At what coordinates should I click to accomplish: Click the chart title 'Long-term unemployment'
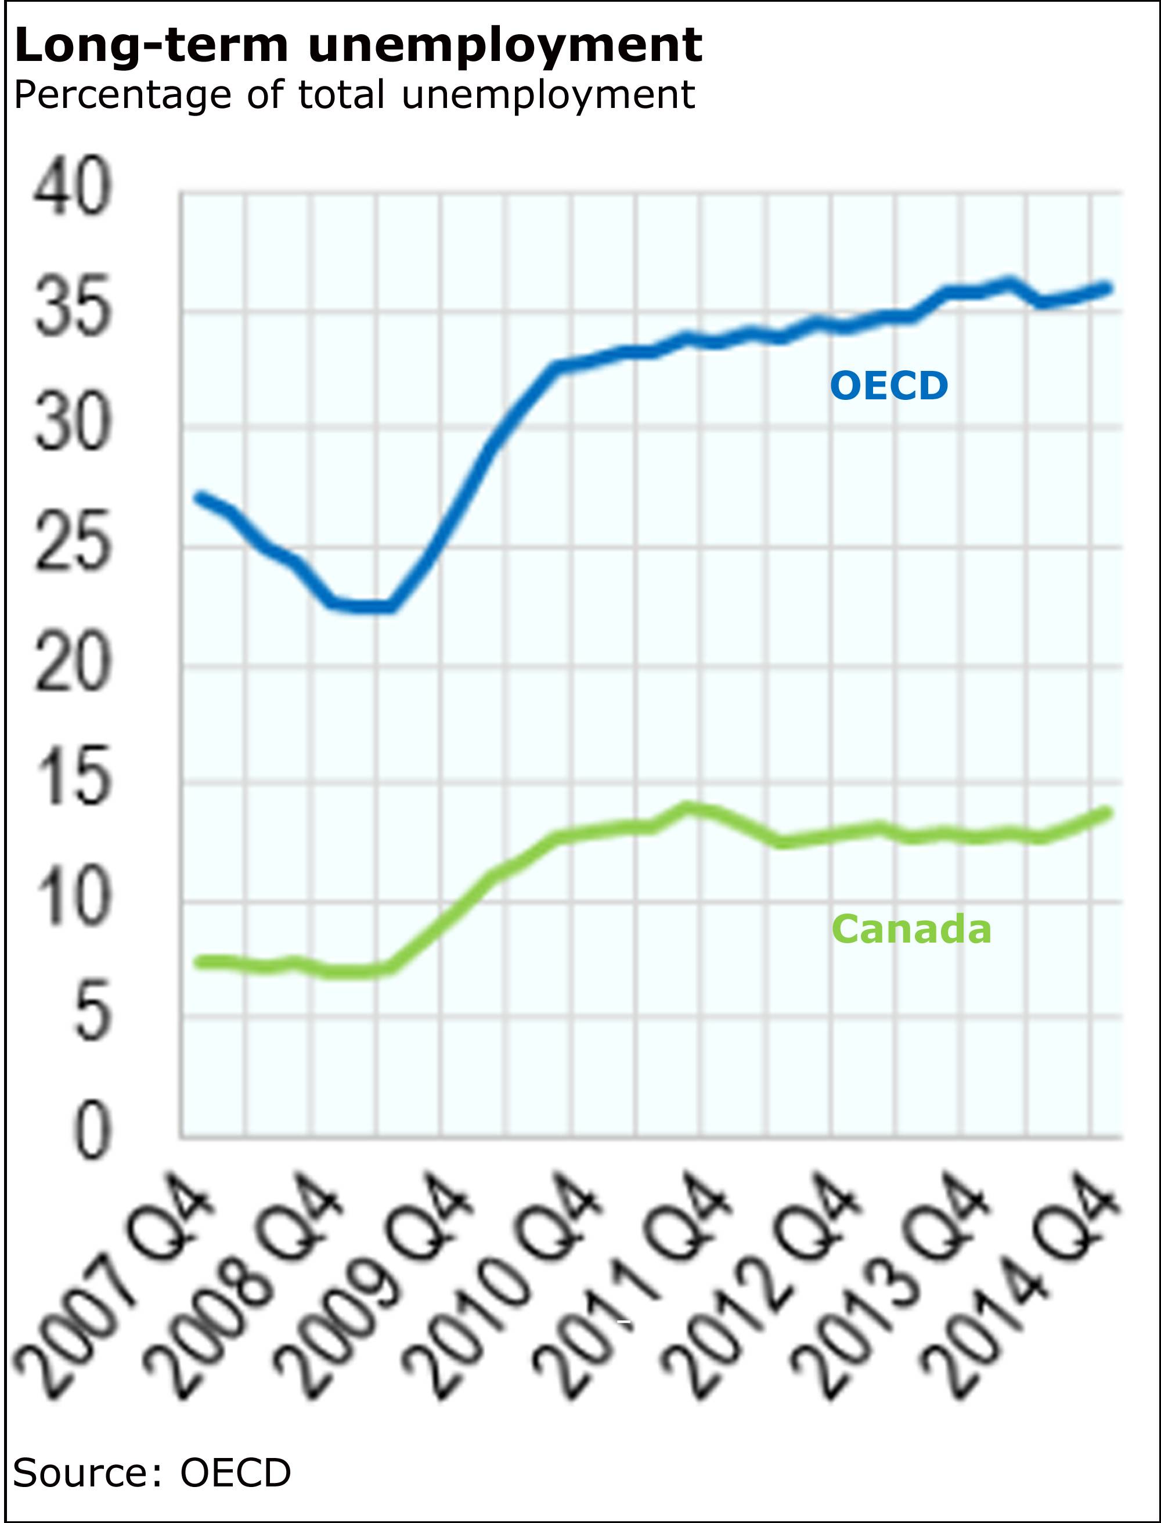pos(358,46)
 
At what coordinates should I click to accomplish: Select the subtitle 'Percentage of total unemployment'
pos(354,95)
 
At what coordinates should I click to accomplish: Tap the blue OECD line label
pos(889,385)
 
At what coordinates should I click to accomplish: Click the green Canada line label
pos(911,929)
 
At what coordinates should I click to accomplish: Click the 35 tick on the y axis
pos(73,305)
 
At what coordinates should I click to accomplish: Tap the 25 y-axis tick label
pos(73,541)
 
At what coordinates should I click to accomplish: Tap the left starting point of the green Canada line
pos(200,961)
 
